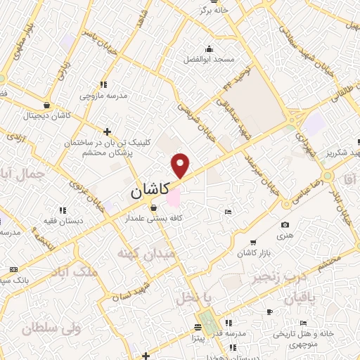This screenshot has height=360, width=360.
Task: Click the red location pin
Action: pos(181,165)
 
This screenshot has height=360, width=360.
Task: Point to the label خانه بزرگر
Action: pos(213,11)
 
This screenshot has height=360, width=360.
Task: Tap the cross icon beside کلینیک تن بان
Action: pos(107,131)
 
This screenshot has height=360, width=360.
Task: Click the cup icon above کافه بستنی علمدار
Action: pos(154,207)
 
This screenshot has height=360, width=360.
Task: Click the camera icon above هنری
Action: pos(285,225)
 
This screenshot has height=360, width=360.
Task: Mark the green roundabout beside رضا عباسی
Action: pos(327,175)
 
